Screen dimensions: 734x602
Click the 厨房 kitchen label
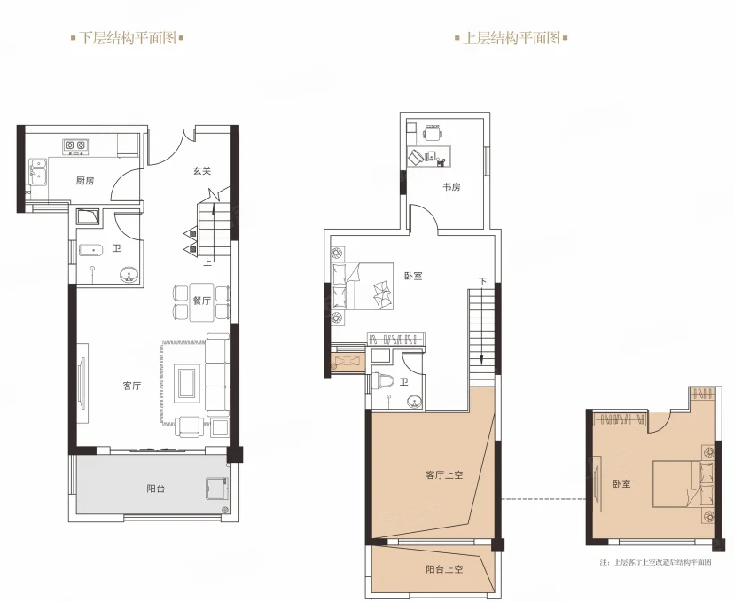[x=85, y=181]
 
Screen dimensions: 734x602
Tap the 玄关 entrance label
[x=202, y=171]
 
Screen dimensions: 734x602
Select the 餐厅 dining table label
[x=202, y=301]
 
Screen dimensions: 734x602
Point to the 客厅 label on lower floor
[x=131, y=387]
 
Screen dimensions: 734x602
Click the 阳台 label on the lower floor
[x=156, y=489]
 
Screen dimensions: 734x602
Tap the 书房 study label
[x=452, y=187]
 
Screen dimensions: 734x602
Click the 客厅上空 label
[x=444, y=475]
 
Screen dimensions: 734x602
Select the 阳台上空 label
[x=444, y=569]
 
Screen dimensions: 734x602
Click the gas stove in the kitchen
[x=75, y=145]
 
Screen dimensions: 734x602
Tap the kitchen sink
[x=38, y=172]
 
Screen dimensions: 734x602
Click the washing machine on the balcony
[x=216, y=489]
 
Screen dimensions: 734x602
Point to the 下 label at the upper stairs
[x=482, y=281]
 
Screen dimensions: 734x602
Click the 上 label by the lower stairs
[x=207, y=262]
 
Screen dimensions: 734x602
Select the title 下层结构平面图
[x=128, y=38]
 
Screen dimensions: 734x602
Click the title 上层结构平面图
[x=511, y=38]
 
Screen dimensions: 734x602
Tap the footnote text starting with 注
[x=655, y=562]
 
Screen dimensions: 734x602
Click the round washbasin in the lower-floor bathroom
[x=129, y=274]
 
